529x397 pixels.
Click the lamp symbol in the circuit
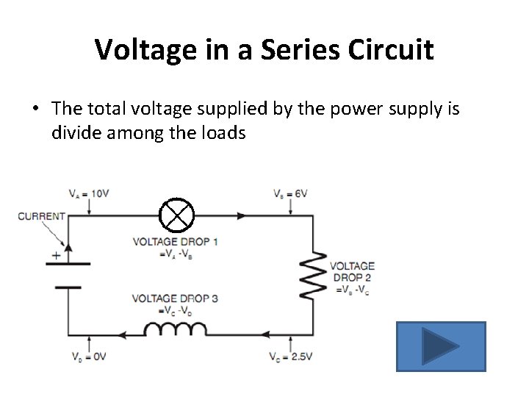click(177, 215)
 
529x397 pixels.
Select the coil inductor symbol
click(174, 330)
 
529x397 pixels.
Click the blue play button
click(441, 346)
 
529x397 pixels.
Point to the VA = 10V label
click(89, 194)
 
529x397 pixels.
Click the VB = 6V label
click(290, 194)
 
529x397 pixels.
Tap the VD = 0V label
click(88, 357)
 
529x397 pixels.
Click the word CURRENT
click(41, 217)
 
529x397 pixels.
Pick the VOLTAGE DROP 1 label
click(175, 241)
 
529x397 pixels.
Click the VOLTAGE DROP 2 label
click(352, 271)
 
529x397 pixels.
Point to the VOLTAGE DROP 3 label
click(175, 298)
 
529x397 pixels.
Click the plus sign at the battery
click(55, 257)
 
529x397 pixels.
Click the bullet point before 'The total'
click(35, 110)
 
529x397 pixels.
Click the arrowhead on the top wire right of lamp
click(242, 215)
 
